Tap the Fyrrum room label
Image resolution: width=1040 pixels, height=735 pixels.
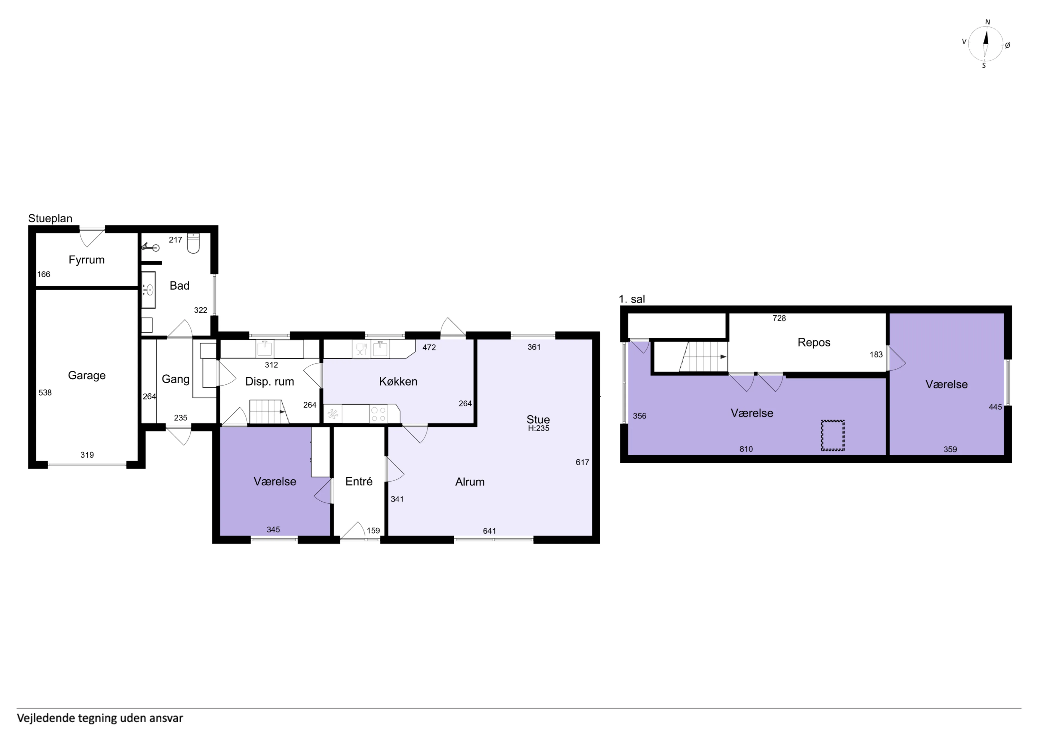coord(86,260)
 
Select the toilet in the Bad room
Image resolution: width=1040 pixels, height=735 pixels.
coord(193,243)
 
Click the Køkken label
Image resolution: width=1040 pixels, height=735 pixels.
coord(398,381)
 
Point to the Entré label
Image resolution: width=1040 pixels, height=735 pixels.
coord(359,481)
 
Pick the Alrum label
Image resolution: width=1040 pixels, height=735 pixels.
coord(470,482)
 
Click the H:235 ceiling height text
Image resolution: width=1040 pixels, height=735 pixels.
coord(539,428)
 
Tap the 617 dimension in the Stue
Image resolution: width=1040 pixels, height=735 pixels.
coord(583,462)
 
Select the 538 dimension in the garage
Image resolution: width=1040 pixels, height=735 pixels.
coord(45,393)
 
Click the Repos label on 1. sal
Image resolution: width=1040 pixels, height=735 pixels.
coord(814,342)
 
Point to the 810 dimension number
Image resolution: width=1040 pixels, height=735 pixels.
coord(746,449)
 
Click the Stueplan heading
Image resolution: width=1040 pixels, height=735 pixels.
coord(50,218)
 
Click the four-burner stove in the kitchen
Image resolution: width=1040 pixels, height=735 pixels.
coord(379,414)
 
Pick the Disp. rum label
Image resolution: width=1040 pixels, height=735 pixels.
coord(269,382)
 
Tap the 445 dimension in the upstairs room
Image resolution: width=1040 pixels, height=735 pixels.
coord(995,407)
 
